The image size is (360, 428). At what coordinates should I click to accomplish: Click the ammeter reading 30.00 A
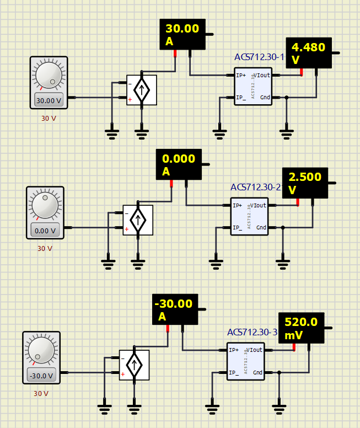[x=182, y=35]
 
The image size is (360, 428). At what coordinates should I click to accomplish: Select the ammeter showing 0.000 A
[x=179, y=165]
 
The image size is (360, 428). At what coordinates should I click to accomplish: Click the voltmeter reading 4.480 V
[x=309, y=53]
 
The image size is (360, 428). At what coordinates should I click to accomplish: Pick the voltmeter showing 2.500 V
[x=305, y=183]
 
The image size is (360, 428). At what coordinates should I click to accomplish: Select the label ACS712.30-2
[x=255, y=188]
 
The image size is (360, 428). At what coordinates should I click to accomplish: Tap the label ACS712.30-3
[x=252, y=333]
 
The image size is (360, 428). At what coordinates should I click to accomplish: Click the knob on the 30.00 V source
[x=49, y=76]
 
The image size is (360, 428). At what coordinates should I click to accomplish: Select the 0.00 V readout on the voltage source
[x=45, y=231]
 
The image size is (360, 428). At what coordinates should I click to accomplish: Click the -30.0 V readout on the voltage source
[x=41, y=376]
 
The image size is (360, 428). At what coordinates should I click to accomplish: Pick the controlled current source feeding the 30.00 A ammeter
[x=142, y=90]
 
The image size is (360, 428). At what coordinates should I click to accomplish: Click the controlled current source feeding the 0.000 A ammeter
[x=138, y=220]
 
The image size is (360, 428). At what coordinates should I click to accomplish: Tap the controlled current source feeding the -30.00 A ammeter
[x=134, y=365]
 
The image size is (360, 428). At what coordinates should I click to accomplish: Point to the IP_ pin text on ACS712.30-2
[x=238, y=227]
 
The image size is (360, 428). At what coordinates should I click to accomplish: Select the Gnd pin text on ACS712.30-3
[x=257, y=372]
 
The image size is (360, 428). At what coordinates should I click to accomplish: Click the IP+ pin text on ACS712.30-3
[x=234, y=350]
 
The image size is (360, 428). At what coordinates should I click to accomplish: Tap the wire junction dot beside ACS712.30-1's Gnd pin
[x=286, y=98]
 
